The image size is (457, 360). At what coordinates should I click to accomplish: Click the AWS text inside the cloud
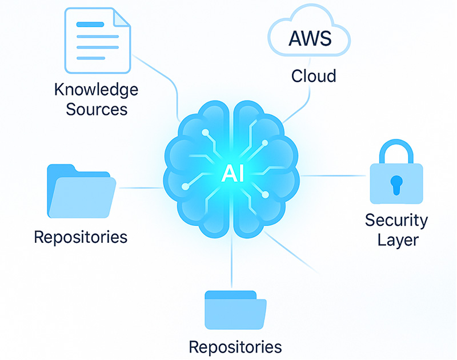pyautogui.click(x=310, y=39)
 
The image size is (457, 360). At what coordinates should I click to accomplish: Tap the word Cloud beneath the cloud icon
pyautogui.click(x=314, y=76)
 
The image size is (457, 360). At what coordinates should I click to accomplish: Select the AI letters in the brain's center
pyautogui.click(x=232, y=174)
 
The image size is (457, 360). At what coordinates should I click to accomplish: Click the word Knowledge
pyautogui.click(x=96, y=90)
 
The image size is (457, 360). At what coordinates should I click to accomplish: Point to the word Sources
pyautogui.click(x=96, y=109)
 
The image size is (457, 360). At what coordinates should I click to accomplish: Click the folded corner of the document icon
pyautogui.click(x=121, y=18)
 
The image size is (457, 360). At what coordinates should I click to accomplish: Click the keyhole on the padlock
pyautogui.click(x=396, y=183)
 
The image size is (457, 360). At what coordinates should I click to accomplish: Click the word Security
pyautogui.click(x=396, y=219)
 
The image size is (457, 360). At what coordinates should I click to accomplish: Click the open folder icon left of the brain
pyautogui.click(x=81, y=191)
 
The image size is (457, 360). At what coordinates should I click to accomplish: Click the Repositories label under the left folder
pyautogui.click(x=81, y=236)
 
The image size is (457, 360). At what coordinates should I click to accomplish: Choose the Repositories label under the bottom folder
pyautogui.click(x=235, y=346)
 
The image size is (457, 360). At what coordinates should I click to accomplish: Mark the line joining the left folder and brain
pyautogui.click(x=140, y=187)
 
